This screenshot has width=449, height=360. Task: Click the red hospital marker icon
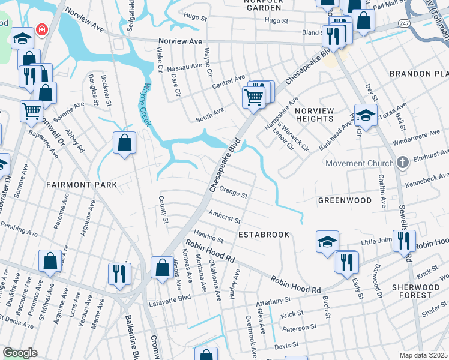pos(41,29)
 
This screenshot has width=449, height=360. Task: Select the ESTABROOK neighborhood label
pos(264,235)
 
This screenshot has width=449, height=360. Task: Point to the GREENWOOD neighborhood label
pos(345,200)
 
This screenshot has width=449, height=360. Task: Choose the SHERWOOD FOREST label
pos(418,290)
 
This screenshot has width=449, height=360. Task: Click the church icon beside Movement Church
pos(403,162)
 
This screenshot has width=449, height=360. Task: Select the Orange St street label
pos(234,193)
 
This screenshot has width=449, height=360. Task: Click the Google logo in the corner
pos(20,353)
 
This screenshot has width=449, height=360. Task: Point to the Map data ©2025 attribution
pos(424,355)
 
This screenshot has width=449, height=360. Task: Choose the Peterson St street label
pos(300,328)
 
